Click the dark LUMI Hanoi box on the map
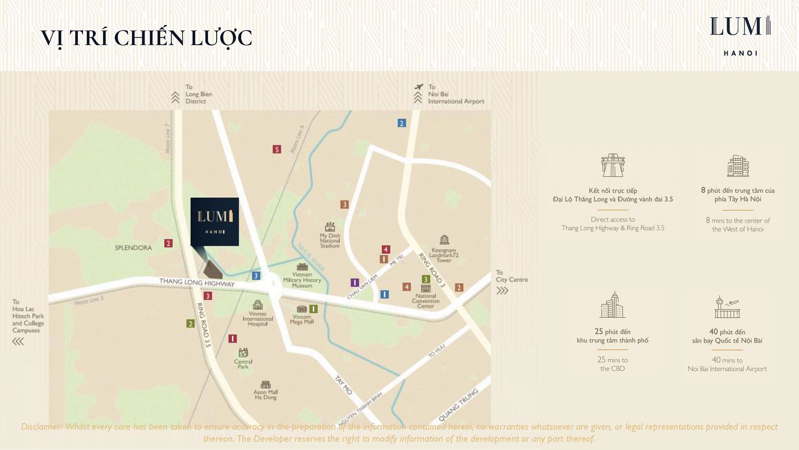pos(215,222)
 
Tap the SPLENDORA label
pos(133,248)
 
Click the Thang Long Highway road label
pos(197,282)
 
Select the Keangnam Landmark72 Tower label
pos(443,255)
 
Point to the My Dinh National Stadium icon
pos(330,227)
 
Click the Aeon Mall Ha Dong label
pos(266,394)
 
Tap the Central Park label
pos(243,364)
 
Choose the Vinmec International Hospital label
pos(258,319)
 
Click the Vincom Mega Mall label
pos(302,319)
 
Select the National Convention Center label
pos(425,301)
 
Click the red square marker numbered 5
pos(277,149)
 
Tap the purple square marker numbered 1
pos(354,282)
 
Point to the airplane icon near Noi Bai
pos(418,87)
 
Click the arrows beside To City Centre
pos(502,291)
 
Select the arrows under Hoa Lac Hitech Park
pos(18,341)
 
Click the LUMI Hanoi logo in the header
pos(740,35)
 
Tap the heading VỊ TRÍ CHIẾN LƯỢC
pos(146,38)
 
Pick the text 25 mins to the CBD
pos(612,364)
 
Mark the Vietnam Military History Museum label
pos(302,280)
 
